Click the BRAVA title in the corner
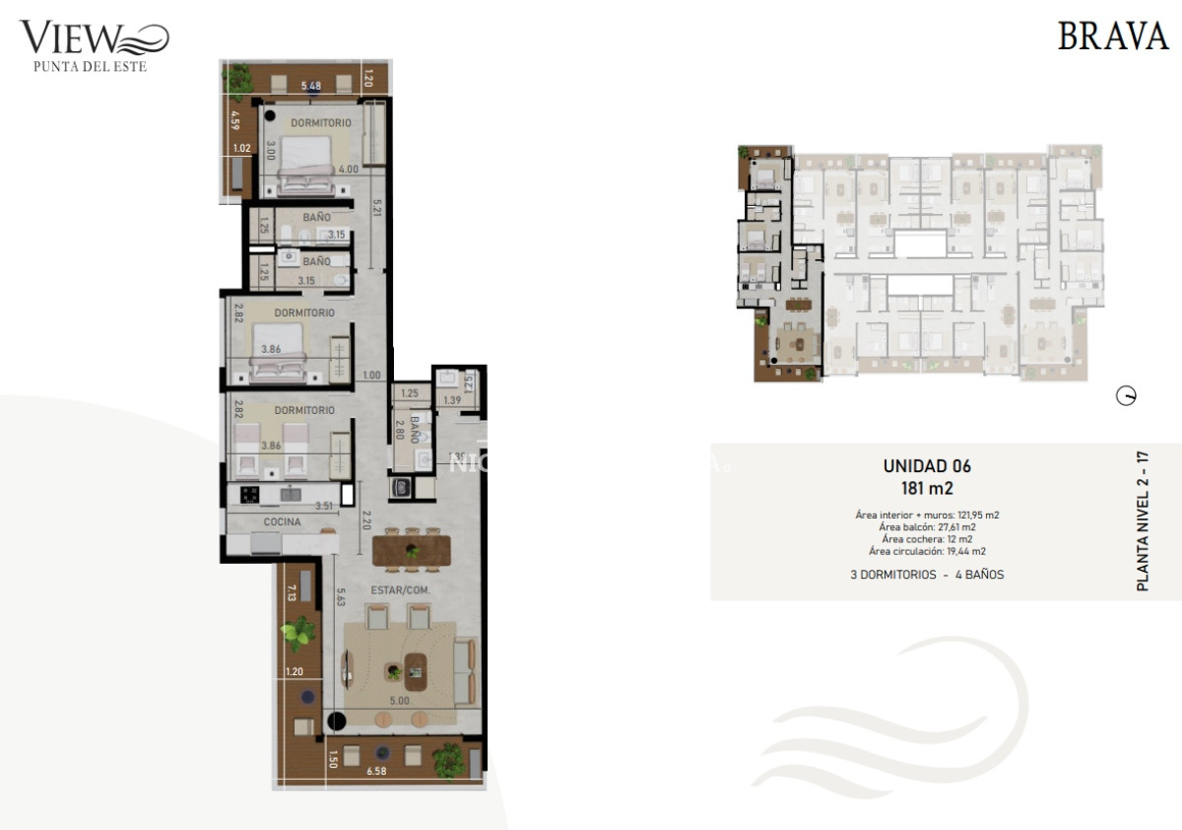click(x=1112, y=35)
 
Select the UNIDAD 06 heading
click(x=927, y=466)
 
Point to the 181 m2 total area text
click(x=927, y=487)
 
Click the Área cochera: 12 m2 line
click(x=927, y=539)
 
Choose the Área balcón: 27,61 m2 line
click(x=927, y=527)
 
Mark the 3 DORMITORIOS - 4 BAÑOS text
click(x=927, y=574)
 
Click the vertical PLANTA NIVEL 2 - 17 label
click(x=1143, y=520)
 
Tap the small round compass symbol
click(x=1125, y=396)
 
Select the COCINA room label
click(x=282, y=521)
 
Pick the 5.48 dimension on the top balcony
click(x=311, y=85)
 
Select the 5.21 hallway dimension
click(x=376, y=208)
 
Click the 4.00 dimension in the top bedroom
click(x=348, y=169)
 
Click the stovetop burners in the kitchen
click(x=249, y=494)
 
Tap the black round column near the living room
click(x=336, y=723)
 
